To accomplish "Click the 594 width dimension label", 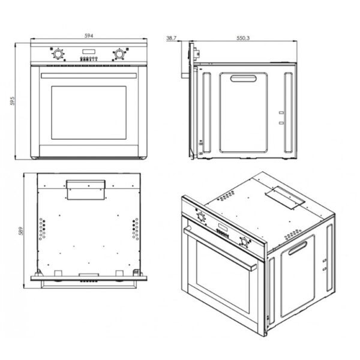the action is [x=89, y=35].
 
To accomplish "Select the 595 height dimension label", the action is [x=13, y=101].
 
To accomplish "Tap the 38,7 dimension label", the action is [x=171, y=38].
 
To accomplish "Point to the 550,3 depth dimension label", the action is [x=243, y=38].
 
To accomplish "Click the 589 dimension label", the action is [x=20, y=231].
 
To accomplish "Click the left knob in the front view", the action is [x=58, y=54].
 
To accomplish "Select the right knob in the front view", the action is [x=119, y=54].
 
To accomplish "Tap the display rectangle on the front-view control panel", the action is [x=89, y=52].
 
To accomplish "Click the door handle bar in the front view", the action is [x=89, y=76].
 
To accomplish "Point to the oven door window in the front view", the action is [x=89, y=113].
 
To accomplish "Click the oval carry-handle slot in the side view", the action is [x=243, y=79].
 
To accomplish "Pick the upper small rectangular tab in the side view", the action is [x=281, y=113].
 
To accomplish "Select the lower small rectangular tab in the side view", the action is [x=281, y=123].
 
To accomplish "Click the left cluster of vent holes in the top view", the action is [x=42, y=229].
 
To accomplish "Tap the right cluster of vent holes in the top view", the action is [x=136, y=229].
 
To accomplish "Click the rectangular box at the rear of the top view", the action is [x=86, y=190].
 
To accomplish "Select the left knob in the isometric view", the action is [x=201, y=217].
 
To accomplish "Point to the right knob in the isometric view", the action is [x=244, y=242].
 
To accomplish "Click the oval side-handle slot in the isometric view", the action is [x=298, y=248].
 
